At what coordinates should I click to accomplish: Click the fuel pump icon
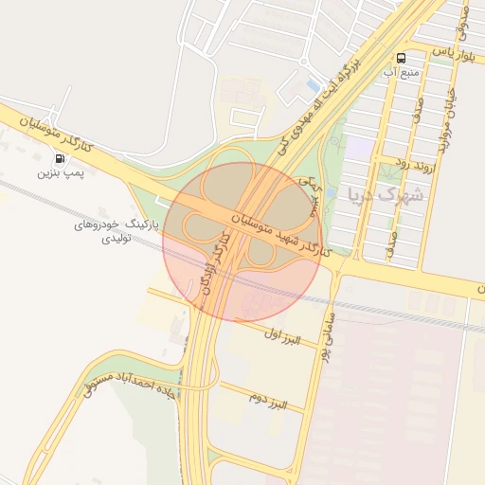point(62,159)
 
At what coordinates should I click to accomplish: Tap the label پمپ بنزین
point(62,174)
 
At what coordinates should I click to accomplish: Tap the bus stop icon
point(402,57)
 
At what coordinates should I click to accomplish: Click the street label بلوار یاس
point(450,54)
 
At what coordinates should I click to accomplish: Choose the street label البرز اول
point(280,333)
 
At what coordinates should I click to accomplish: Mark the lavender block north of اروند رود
point(359,147)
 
